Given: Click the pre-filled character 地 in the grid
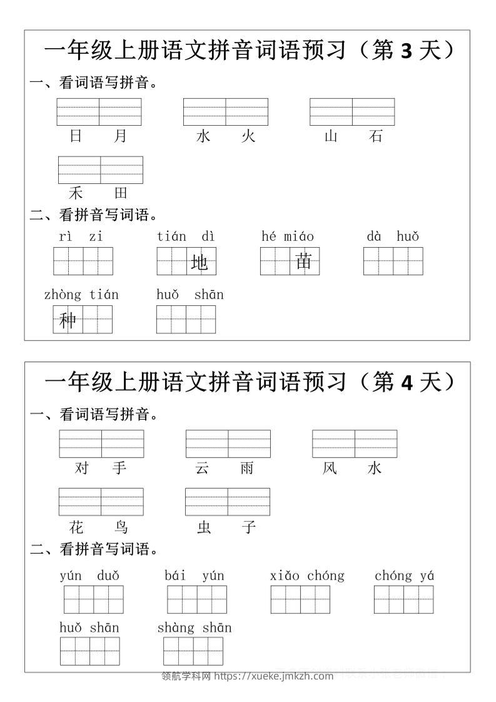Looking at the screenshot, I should (x=200, y=263).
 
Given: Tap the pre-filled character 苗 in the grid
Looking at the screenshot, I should (x=304, y=261).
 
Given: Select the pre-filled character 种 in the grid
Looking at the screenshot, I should (x=68, y=320).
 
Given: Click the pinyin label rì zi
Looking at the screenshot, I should (x=81, y=237).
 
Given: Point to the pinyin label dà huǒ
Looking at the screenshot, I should (x=393, y=237).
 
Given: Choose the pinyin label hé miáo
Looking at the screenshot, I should (x=288, y=237).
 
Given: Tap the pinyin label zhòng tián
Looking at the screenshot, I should (x=81, y=295).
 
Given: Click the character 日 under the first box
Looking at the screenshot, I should (x=76, y=136).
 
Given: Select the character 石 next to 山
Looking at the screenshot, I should (x=376, y=136).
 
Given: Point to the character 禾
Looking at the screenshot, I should (x=76, y=193).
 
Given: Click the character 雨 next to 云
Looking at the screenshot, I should (x=248, y=468).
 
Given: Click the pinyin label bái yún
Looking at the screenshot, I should (x=195, y=576).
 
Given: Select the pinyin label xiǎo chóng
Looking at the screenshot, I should (x=307, y=576).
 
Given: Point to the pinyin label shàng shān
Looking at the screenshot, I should (x=195, y=628).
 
